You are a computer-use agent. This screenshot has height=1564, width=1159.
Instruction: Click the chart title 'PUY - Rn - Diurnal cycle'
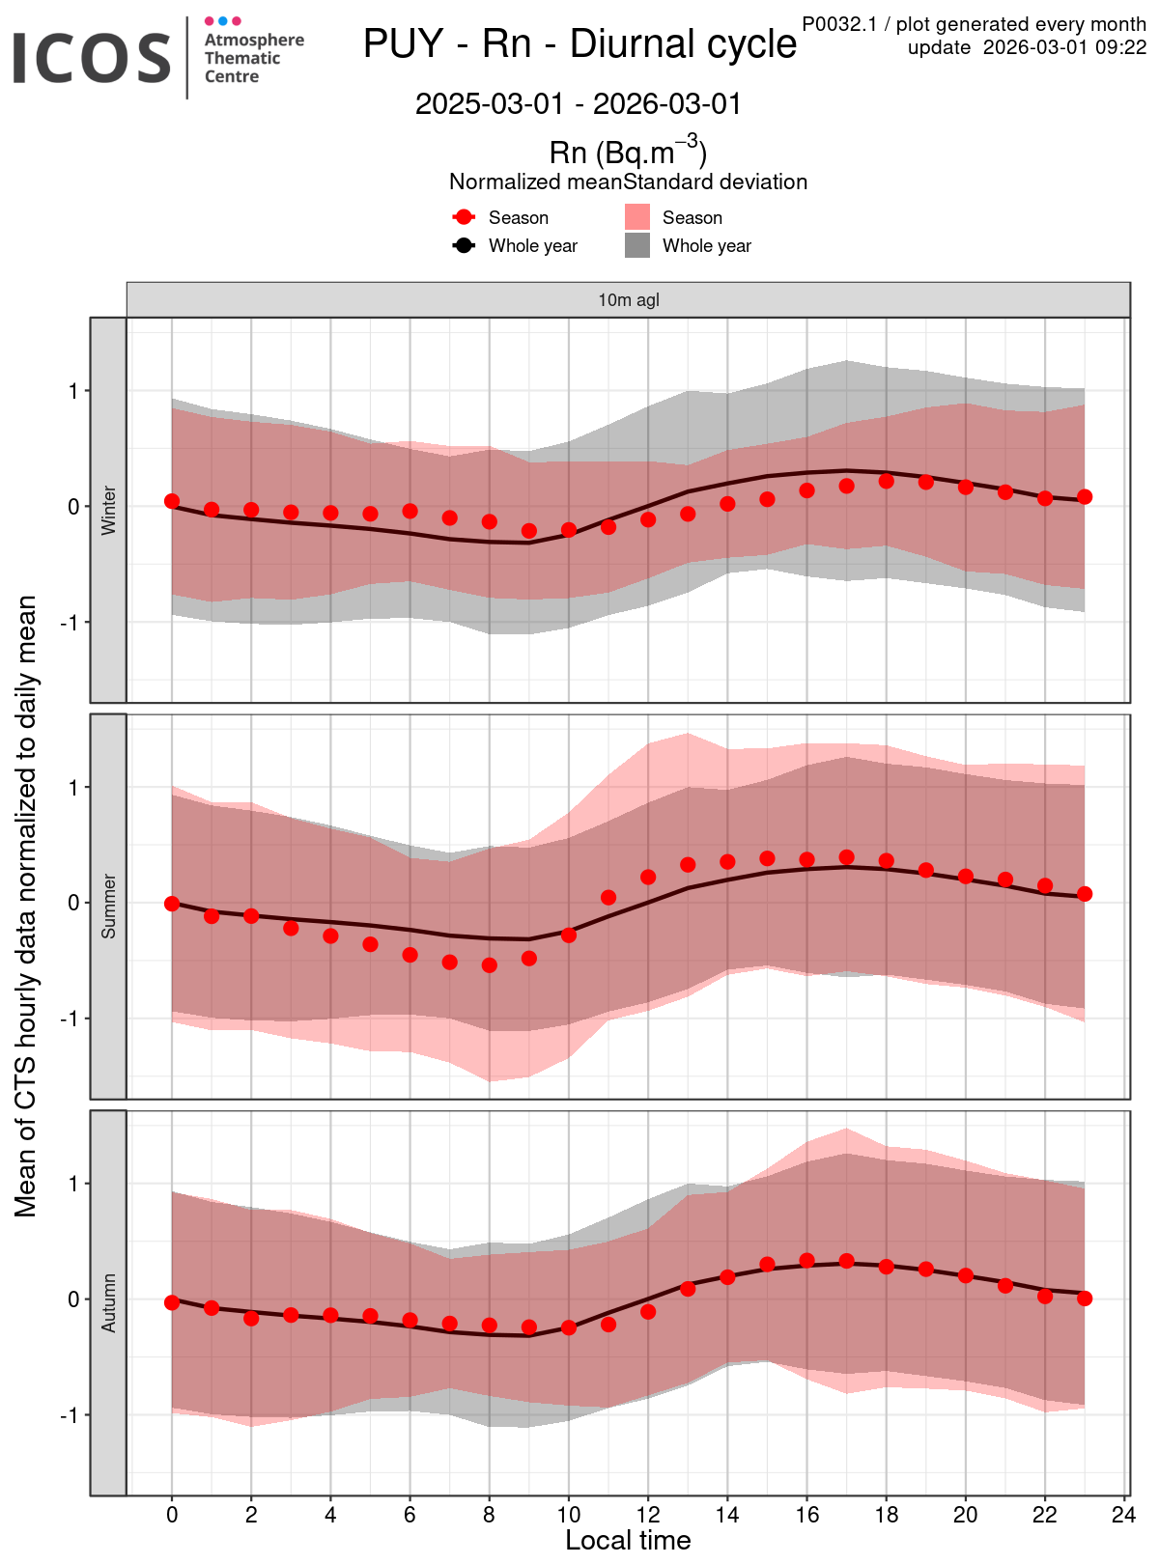579,44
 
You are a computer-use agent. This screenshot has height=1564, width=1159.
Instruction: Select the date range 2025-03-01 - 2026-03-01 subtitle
579,104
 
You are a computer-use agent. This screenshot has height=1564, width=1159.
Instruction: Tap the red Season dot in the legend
465,217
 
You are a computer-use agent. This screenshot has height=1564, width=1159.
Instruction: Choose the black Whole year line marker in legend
465,245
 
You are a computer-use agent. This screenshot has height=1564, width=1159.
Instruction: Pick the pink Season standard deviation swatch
637,217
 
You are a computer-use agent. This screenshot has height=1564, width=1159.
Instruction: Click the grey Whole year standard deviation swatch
637,245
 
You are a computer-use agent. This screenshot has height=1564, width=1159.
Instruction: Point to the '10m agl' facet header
629,300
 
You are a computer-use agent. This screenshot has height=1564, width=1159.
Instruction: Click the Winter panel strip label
109,510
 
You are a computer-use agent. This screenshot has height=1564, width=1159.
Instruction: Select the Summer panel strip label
109,907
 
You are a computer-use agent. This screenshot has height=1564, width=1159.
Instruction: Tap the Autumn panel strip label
109,1303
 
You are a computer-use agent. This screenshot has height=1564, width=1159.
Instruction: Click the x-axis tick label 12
648,1515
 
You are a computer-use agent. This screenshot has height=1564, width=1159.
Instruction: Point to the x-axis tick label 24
1124,1515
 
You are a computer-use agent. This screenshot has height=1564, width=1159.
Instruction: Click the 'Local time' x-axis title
628,1541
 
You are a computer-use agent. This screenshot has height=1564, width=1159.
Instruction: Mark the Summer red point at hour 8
490,964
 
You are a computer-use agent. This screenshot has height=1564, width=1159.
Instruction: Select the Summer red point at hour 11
608,898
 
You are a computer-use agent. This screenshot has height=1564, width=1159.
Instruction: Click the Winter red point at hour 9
529,530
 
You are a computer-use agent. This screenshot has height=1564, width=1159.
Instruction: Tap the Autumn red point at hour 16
807,1260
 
